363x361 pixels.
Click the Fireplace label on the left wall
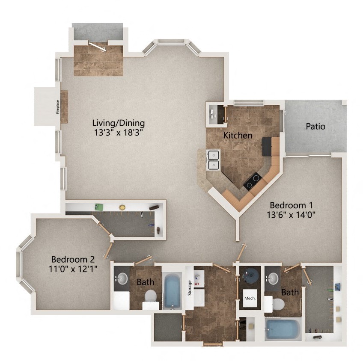click(x=57, y=107)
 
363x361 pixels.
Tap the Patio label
click(x=315, y=127)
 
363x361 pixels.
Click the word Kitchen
click(x=238, y=135)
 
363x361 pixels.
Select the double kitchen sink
click(x=213, y=160)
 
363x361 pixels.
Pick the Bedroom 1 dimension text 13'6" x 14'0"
click(x=291, y=214)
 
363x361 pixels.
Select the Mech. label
click(x=250, y=298)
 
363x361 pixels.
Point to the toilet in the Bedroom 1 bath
click(x=278, y=305)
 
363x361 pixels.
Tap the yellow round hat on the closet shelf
click(x=122, y=207)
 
